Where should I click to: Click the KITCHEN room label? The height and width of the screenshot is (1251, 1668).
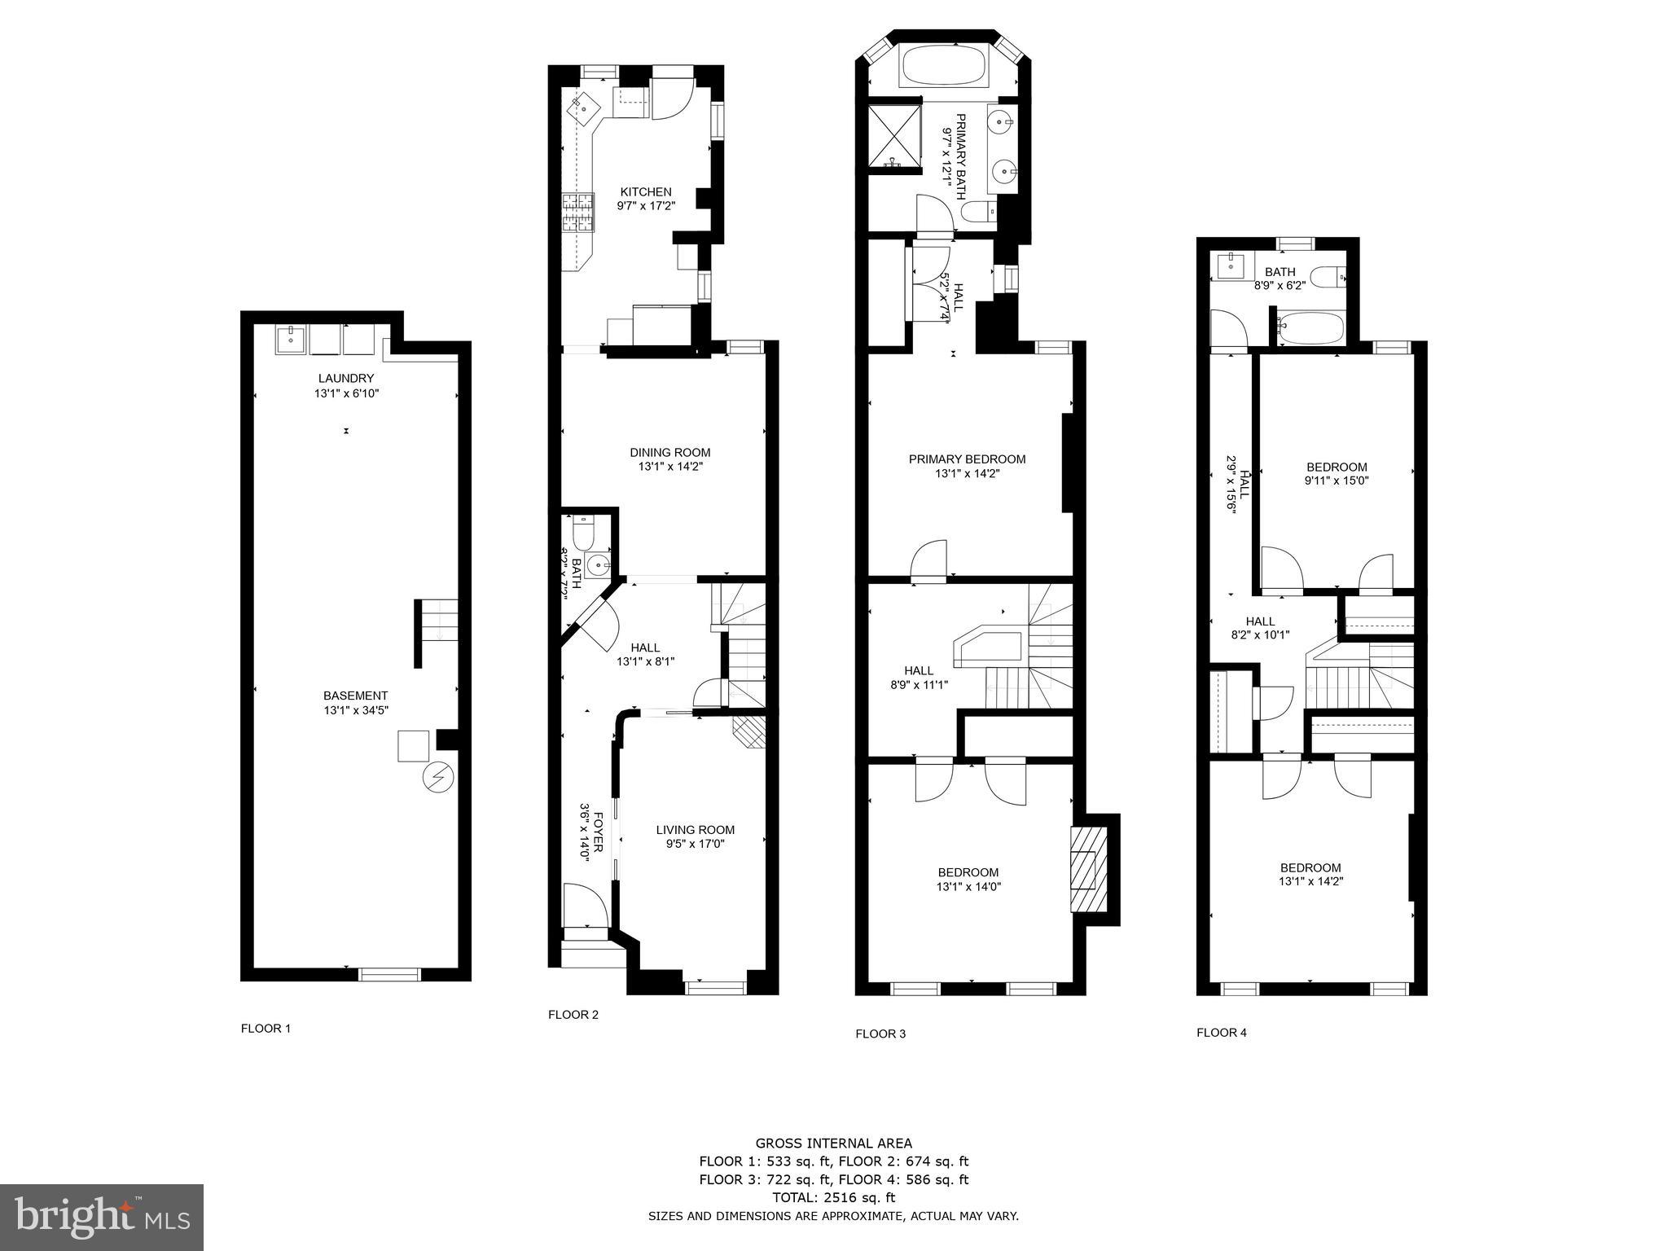coord(645,192)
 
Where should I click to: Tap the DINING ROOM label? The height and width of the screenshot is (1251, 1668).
coord(669,453)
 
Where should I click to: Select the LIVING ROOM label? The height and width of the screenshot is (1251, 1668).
coord(695,830)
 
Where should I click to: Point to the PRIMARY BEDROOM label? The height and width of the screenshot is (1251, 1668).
coord(967,459)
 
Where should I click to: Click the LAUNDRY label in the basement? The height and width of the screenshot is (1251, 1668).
coord(346,379)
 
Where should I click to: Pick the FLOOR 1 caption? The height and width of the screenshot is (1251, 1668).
coord(266,1028)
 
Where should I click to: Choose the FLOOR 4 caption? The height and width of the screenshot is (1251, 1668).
coord(1221,1033)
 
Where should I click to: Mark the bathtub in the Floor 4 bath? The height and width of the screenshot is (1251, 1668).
coord(1308,329)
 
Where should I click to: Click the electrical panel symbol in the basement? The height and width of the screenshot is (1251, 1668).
coord(437,777)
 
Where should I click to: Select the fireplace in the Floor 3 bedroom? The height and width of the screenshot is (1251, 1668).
coord(1089,869)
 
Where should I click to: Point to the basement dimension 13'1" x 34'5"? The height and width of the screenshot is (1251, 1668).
coord(356,710)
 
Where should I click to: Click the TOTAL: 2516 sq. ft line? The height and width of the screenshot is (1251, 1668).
coord(833,1197)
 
